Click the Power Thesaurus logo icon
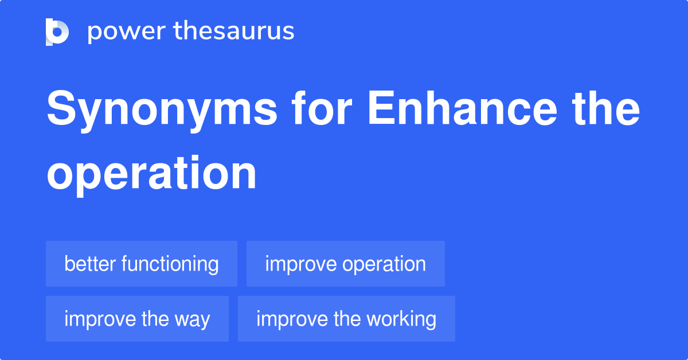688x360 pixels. point(57,32)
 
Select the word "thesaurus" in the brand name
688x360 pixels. point(234,32)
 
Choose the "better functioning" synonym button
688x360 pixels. point(142,264)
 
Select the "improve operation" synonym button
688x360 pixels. point(345,264)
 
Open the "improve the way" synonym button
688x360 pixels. point(137,319)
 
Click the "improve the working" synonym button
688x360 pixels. point(346,319)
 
